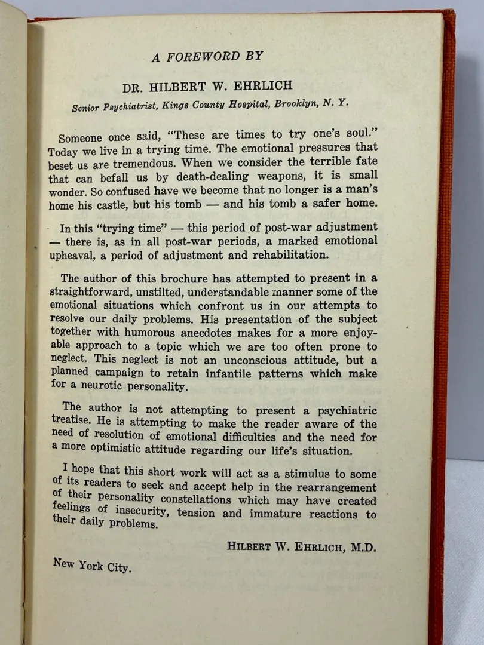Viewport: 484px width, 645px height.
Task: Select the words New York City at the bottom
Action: click(91, 564)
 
